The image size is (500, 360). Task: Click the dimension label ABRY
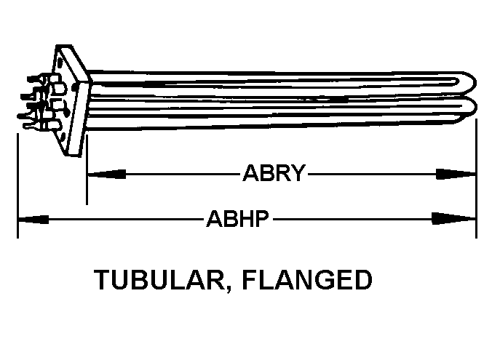point(273,174)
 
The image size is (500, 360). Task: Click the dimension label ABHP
point(239,218)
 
